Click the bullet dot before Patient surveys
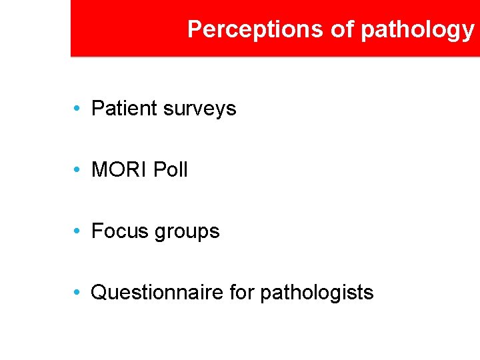[x=78, y=109]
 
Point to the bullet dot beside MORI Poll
[x=78, y=170]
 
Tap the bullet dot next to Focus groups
[x=78, y=231]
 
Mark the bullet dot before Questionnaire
[x=78, y=293]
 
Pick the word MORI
[x=119, y=170]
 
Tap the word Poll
[x=171, y=170]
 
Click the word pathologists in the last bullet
[x=317, y=293]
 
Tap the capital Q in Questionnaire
[x=99, y=293]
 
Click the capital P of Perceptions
[x=194, y=29]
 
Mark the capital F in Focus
[x=97, y=231]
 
